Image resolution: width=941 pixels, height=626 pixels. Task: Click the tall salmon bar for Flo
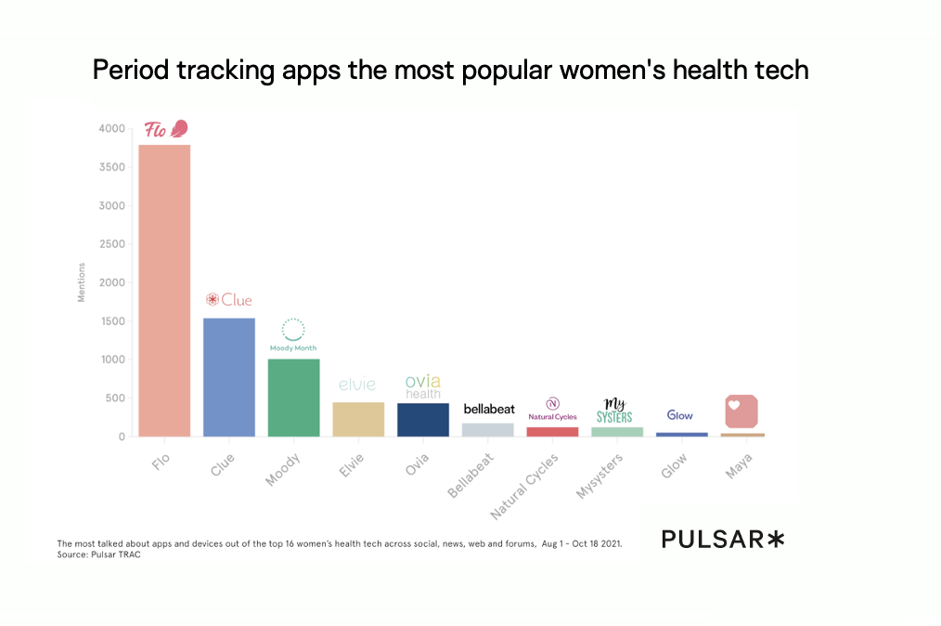(164, 290)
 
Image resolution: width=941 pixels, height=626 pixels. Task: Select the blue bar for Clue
(229, 377)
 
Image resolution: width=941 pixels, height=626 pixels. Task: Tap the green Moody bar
(293, 398)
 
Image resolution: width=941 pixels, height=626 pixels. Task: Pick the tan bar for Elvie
(358, 419)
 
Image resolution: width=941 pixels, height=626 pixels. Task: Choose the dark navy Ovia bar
(423, 420)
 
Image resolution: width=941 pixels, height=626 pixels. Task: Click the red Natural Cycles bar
(552, 432)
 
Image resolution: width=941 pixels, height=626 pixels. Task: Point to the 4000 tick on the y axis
(112, 128)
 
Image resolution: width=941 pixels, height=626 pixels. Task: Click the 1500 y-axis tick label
(112, 321)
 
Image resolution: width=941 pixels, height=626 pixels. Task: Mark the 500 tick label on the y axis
(115, 398)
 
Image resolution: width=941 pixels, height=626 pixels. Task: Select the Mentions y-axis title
(81, 282)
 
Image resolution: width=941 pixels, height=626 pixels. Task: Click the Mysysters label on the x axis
(599, 476)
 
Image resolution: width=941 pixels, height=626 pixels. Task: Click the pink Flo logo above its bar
(166, 129)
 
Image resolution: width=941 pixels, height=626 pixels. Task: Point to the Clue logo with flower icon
(229, 300)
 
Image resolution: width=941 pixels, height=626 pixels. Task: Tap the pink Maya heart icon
(741, 411)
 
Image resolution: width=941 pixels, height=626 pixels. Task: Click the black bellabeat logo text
(488, 409)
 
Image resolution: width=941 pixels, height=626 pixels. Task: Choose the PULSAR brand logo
(723, 539)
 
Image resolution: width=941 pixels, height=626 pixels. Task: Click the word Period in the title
(123, 70)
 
